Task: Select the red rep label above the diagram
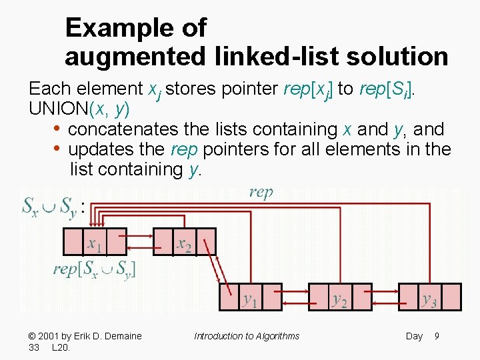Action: pyautogui.click(x=261, y=193)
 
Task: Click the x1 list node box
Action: pyautogui.click(x=95, y=241)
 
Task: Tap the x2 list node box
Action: pyautogui.click(x=184, y=241)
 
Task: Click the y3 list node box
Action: pyautogui.click(x=429, y=297)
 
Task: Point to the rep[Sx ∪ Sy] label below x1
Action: pyautogui.click(x=95, y=269)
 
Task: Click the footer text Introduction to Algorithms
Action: pyautogui.click(x=247, y=336)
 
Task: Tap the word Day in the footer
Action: pyautogui.click(x=414, y=336)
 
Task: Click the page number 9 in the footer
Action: pyautogui.click(x=437, y=336)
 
